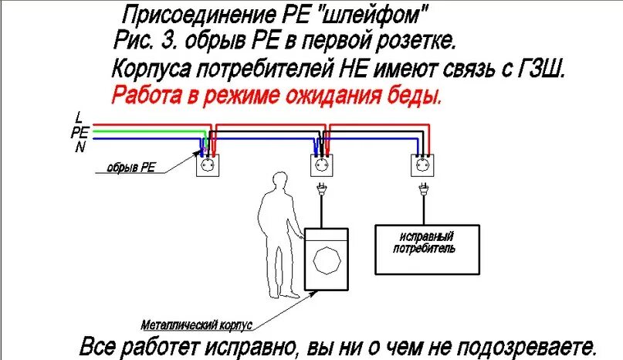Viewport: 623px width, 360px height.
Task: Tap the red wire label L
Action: tap(78, 117)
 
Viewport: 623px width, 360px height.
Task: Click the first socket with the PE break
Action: tap(208, 165)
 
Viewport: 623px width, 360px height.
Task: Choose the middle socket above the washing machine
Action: tap(320, 165)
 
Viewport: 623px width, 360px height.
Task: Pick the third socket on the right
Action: tap(422, 165)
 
